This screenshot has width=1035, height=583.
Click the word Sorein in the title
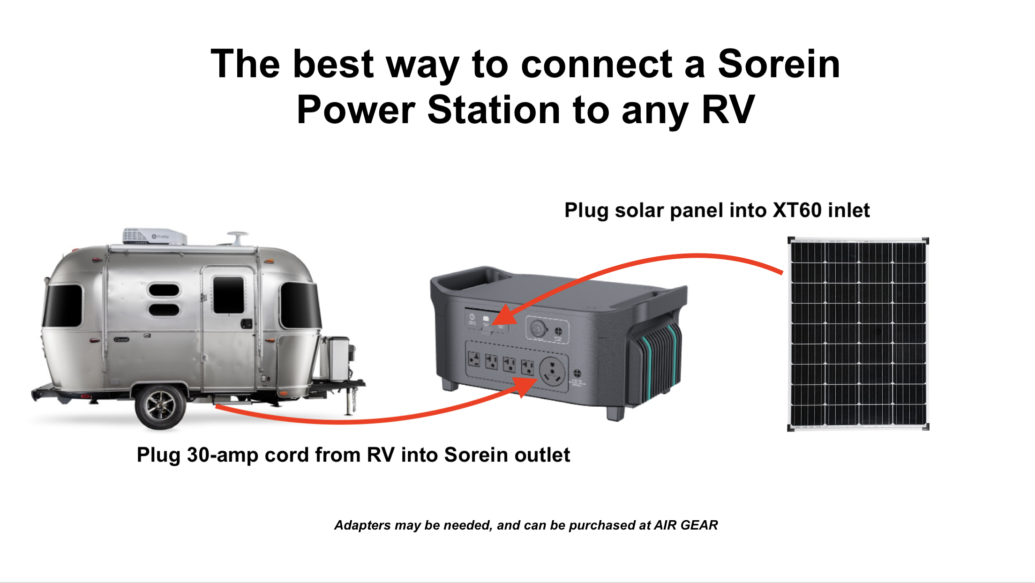[x=779, y=64]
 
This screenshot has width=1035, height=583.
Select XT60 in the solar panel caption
[x=797, y=210]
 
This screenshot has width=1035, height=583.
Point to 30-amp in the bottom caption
[x=223, y=455]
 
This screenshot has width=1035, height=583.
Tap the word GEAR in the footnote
[x=699, y=525]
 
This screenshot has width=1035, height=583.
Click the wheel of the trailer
[x=160, y=407]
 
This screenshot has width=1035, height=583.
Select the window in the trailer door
[x=228, y=295]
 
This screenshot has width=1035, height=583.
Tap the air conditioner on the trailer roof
[x=154, y=236]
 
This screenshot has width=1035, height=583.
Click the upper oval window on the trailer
[x=164, y=290]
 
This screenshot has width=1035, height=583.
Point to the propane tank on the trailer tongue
[x=337, y=359]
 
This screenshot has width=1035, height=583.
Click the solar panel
[x=858, y=334]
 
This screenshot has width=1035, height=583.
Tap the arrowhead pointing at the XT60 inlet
[x=503, y=315]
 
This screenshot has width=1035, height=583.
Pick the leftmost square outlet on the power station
[x=474, y=360]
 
